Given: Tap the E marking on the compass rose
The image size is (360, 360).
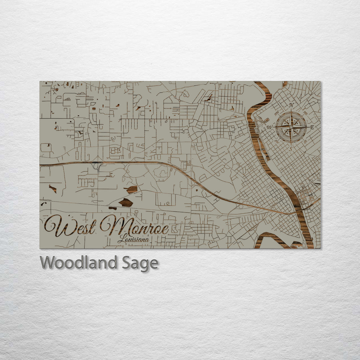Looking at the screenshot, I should click(312, 127).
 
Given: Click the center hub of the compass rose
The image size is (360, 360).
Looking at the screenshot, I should click(291, 127).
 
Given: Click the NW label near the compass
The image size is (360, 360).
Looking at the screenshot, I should click(277, 112).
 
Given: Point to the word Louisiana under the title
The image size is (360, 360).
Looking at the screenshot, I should click(133, 239).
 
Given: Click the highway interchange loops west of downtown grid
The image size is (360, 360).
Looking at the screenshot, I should click(245, 202).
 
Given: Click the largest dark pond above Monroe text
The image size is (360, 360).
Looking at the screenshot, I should click(126, 202).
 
